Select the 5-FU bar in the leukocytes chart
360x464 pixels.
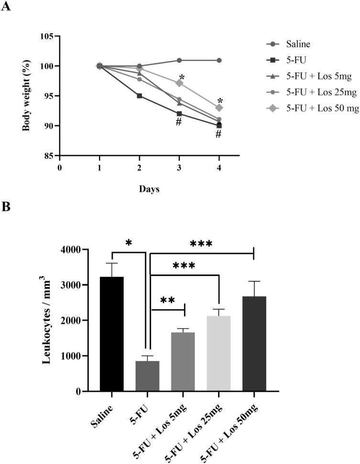tap(147, 376)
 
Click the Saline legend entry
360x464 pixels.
tap(299, 44)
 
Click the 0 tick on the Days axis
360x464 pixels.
tap(59, 168)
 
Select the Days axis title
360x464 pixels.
tap(149, 189)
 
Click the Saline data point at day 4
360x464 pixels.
tap(219, 60)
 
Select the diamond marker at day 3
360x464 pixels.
tap(179, 83)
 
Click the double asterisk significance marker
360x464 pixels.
tap(167, 300)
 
